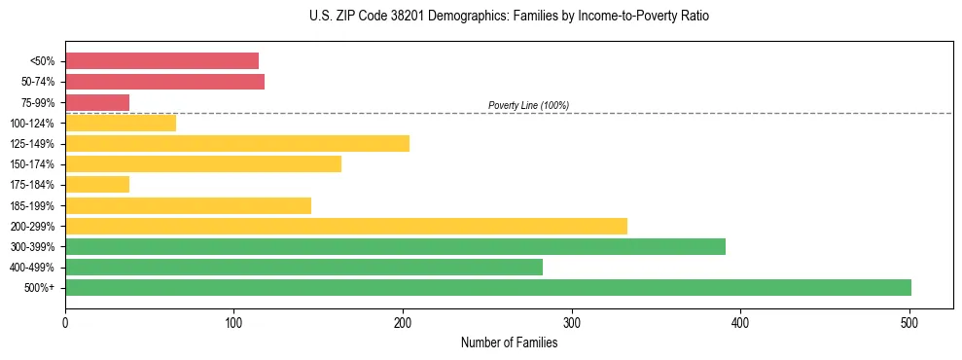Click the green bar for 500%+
point(487,287)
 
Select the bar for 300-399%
point(395,246)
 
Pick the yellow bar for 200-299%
point(345,226)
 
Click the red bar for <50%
point(161,61)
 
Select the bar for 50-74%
point(164,82)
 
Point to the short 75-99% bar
point(97,102)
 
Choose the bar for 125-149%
point(236,144)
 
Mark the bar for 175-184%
point(97,185)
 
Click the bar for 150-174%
point(202,164)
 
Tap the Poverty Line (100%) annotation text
point(528,105)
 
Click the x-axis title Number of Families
point(509,342)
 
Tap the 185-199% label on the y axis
point(32,205)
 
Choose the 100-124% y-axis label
point(32,124)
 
